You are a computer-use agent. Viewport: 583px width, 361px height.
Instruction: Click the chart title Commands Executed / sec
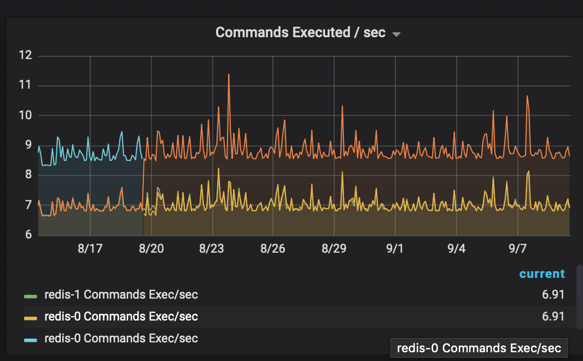[x=300, y=32]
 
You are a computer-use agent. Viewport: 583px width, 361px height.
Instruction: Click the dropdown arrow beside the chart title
[x=397, y=34]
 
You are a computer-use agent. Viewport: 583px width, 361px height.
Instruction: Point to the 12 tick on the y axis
[x=25, y=55]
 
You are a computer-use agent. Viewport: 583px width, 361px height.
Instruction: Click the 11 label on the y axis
[x=25, y=85]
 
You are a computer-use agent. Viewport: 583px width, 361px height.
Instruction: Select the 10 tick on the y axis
[x=25, y=115]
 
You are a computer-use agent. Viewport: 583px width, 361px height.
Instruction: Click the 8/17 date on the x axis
[x=90, y=249]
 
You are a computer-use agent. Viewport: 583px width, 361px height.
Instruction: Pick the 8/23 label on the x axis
[x=212, y=249]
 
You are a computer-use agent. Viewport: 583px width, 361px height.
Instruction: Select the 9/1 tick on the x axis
[x=394, y=249]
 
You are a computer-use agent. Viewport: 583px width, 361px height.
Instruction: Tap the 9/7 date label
[x=517, y=249]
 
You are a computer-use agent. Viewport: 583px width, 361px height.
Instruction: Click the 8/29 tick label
[x=334, y=249]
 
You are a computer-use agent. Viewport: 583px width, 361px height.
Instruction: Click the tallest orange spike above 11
[x=229, y=75]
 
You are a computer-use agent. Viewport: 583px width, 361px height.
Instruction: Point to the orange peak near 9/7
[x=527, y=97]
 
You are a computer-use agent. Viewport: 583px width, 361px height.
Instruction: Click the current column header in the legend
[x=542, y=274]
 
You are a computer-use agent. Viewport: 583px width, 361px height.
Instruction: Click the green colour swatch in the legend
[x=31, y=296]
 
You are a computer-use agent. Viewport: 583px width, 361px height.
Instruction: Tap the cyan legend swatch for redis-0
[x=31, y=340]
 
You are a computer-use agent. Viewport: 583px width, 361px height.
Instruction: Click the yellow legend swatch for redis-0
[x=31, y=318]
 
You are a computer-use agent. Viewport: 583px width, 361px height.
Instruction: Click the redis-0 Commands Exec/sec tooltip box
[x=479, y=348]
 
